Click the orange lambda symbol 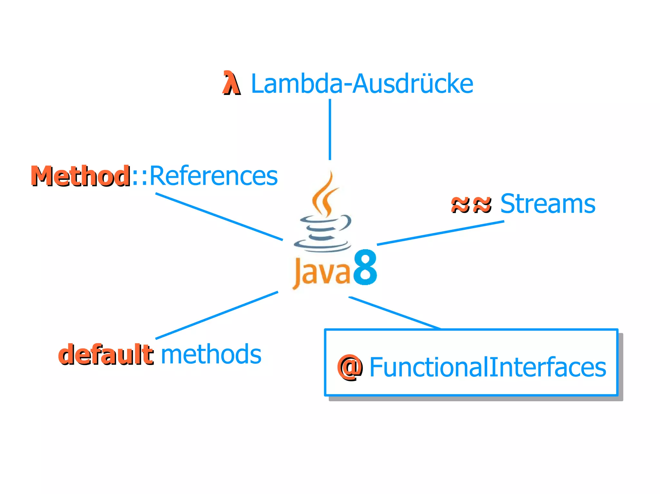point(231,83)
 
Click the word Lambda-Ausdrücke point(362,84)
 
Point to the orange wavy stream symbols point(471,204)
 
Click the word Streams point(548,204)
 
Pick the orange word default point(106,354)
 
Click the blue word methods point(211,354)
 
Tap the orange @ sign point(350,367)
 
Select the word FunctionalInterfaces point(487,367)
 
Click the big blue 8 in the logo point(365,267)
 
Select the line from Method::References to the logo point(219,217)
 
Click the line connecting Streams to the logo point(440,233)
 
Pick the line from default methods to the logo point(217,315)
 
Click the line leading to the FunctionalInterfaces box point(394,313)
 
